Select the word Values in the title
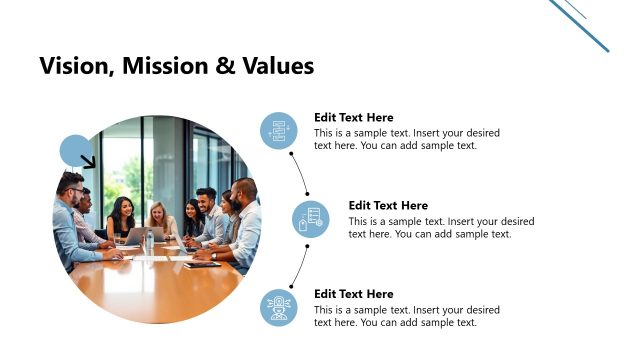pyautogui.click(x=279, y=66)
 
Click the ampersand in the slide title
pyautogui.click(x=225, y=66)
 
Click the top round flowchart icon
pyautogui.click(x=279, y=131)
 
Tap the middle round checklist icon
pyautogui.click(x=311, y=219)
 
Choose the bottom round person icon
pyautogui.click(x=279, y=307)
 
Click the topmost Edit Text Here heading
pyautogui.click(x=353, y=117)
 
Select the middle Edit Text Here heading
pyautogui.click(x=388, y=206)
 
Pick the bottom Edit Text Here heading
pyautogui.click(x=353, y=294)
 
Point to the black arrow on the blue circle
pyautogui.click(x=88, y=161)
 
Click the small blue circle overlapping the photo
pyautogui.click(x=73, y=149)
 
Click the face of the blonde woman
pyautogui.click(x=156, y=212)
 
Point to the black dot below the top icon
pyautogui.click(x=291, y=154)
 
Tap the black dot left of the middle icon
pyautogui.click(x=307, y=193)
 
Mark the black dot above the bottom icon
pyautogui.click(x=291, y=282)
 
